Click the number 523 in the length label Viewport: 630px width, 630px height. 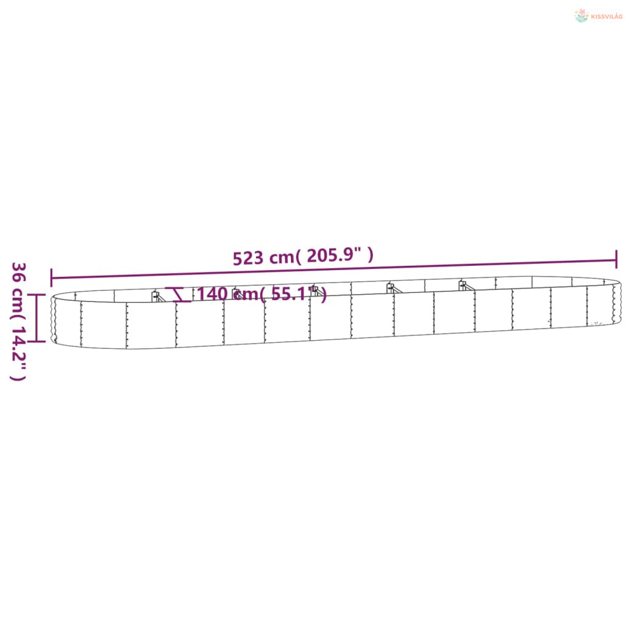(248, 258)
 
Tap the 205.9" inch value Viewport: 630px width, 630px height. (334, 255)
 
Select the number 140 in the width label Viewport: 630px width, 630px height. (212, 293)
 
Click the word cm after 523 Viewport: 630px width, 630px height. (282, 257)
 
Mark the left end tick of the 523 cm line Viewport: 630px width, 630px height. (52, 277)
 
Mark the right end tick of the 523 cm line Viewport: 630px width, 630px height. (616, 259)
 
